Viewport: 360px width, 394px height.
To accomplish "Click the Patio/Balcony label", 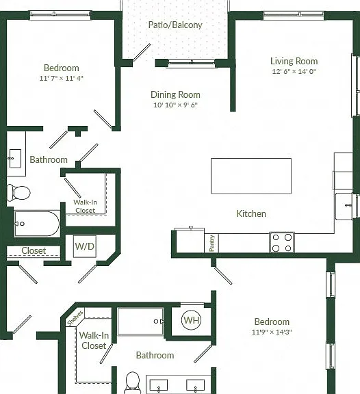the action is pyautogui.click(x=175, y=25).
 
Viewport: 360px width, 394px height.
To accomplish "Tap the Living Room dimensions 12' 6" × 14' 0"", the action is pyautogui.click(x=294, y=71).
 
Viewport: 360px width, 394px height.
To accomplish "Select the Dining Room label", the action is pyautogui.click(x=175, y=94).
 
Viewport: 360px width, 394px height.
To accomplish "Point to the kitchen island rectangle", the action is pyautogui.click(x=251, y=176).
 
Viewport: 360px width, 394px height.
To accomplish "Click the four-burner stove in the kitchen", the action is pyautogui.click(x=282, y=242).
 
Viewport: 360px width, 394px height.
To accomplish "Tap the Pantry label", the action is pyautogui.click(x=211, y=244).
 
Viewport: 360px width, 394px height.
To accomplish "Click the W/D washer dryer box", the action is pyautogui.click(x=85, y=246).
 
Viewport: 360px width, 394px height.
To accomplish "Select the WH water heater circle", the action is pyautogui.click(x=192, y=320).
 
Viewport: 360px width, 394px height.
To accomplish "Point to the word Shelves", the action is pyautogui.click(x=75, y=318).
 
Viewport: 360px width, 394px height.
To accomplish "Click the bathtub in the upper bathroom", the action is pyautogui.click(x=37, y=224).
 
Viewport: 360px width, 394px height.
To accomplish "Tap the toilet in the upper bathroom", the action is pyautogui.click(x=18, y=193).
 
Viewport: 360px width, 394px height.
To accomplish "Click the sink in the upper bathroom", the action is pyautogui.click(x=15, y=158).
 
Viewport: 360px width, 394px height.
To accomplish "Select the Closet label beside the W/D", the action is pyautogui.click(x=34, y=250).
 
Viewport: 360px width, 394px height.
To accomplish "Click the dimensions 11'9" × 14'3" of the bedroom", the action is pyautogui.click(x=272, y=332).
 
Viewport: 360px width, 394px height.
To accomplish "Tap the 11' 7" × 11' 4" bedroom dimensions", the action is pyautogui.click(x=61, y=78).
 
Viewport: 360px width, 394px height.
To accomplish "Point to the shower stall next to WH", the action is pyautogui.click(x=140, y=321).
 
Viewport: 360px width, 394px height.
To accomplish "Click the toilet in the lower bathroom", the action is pyautogui.click(x=132, y=382).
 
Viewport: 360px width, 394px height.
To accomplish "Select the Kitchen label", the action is pyautogui.click(x=251, y=213).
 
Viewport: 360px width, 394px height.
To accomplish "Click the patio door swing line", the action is pyautogui.click(x=142, y=52).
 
